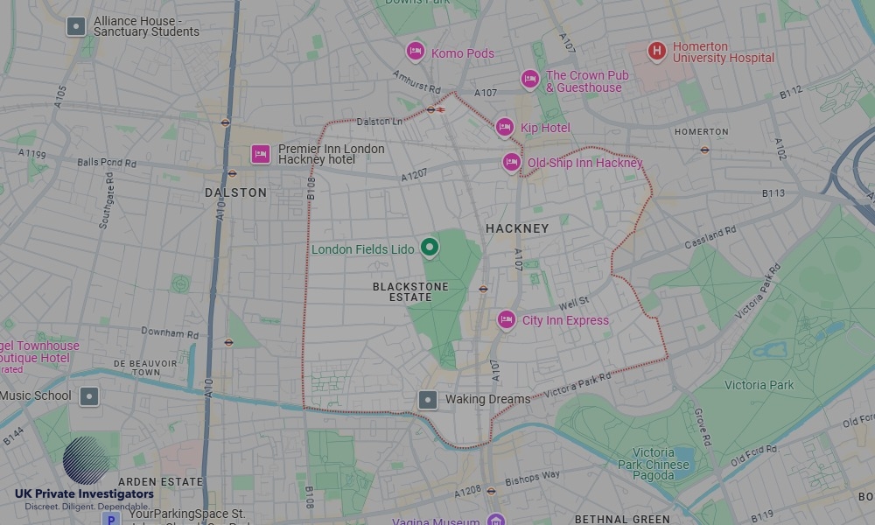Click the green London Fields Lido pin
pos(429,248)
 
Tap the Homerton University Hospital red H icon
pos(656,51)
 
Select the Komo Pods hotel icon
pos(416,52)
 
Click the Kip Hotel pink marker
pos(504,128)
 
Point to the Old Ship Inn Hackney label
pos(584,163)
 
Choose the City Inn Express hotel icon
pos(506,320)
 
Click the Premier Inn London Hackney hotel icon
pos(260,155)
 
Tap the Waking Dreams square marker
pos(427,400)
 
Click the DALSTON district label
pos(235,192)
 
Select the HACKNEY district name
pos(517,228)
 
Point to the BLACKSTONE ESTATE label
pos(410,291)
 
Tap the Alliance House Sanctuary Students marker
pos(76,26)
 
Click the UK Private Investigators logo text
pos(84,494)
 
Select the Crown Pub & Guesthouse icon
pos(529,80)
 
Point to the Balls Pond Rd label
pos(107,163)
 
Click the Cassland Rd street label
pos(710,237)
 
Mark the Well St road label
pos(573,303)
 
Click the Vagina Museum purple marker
pos(496,519)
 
